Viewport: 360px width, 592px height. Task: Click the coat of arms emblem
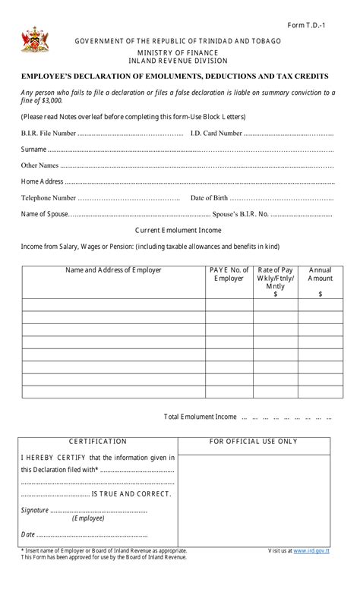pos(34,39)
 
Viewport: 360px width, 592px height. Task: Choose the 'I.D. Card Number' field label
pos(216,134)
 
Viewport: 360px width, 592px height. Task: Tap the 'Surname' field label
pos(33,150)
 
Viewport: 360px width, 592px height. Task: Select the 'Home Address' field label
pos(42,181)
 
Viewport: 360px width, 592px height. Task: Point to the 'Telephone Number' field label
pos(48,198)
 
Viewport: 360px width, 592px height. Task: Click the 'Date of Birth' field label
pos(209,198)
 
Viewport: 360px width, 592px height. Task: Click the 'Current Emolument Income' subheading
pos(178,230)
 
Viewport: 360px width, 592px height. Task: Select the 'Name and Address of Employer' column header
pos(113,270)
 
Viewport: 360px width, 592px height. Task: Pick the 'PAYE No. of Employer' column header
pos(229,274)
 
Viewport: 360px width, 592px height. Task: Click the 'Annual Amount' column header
pos(320,274)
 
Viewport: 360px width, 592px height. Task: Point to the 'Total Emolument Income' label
pos(201,417)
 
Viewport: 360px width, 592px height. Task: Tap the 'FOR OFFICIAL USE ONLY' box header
pos(254,442)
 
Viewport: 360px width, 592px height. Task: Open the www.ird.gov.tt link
pos(311,551)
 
